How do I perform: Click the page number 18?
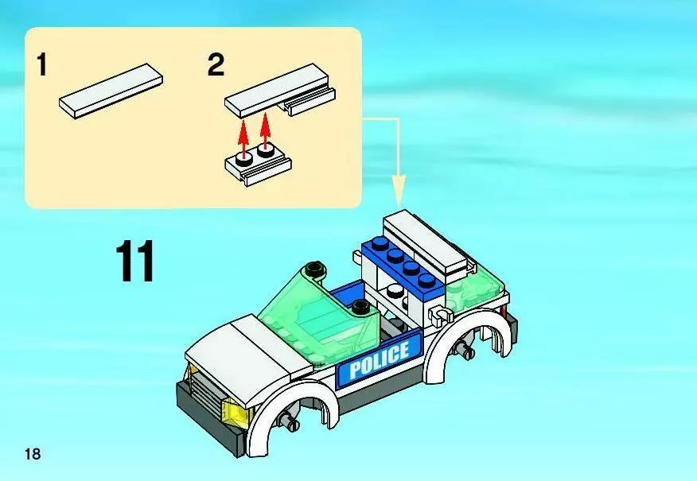(x=32, y=454)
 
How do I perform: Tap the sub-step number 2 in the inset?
(x=216, y=64)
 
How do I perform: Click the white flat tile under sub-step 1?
(x=111, y=91)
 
